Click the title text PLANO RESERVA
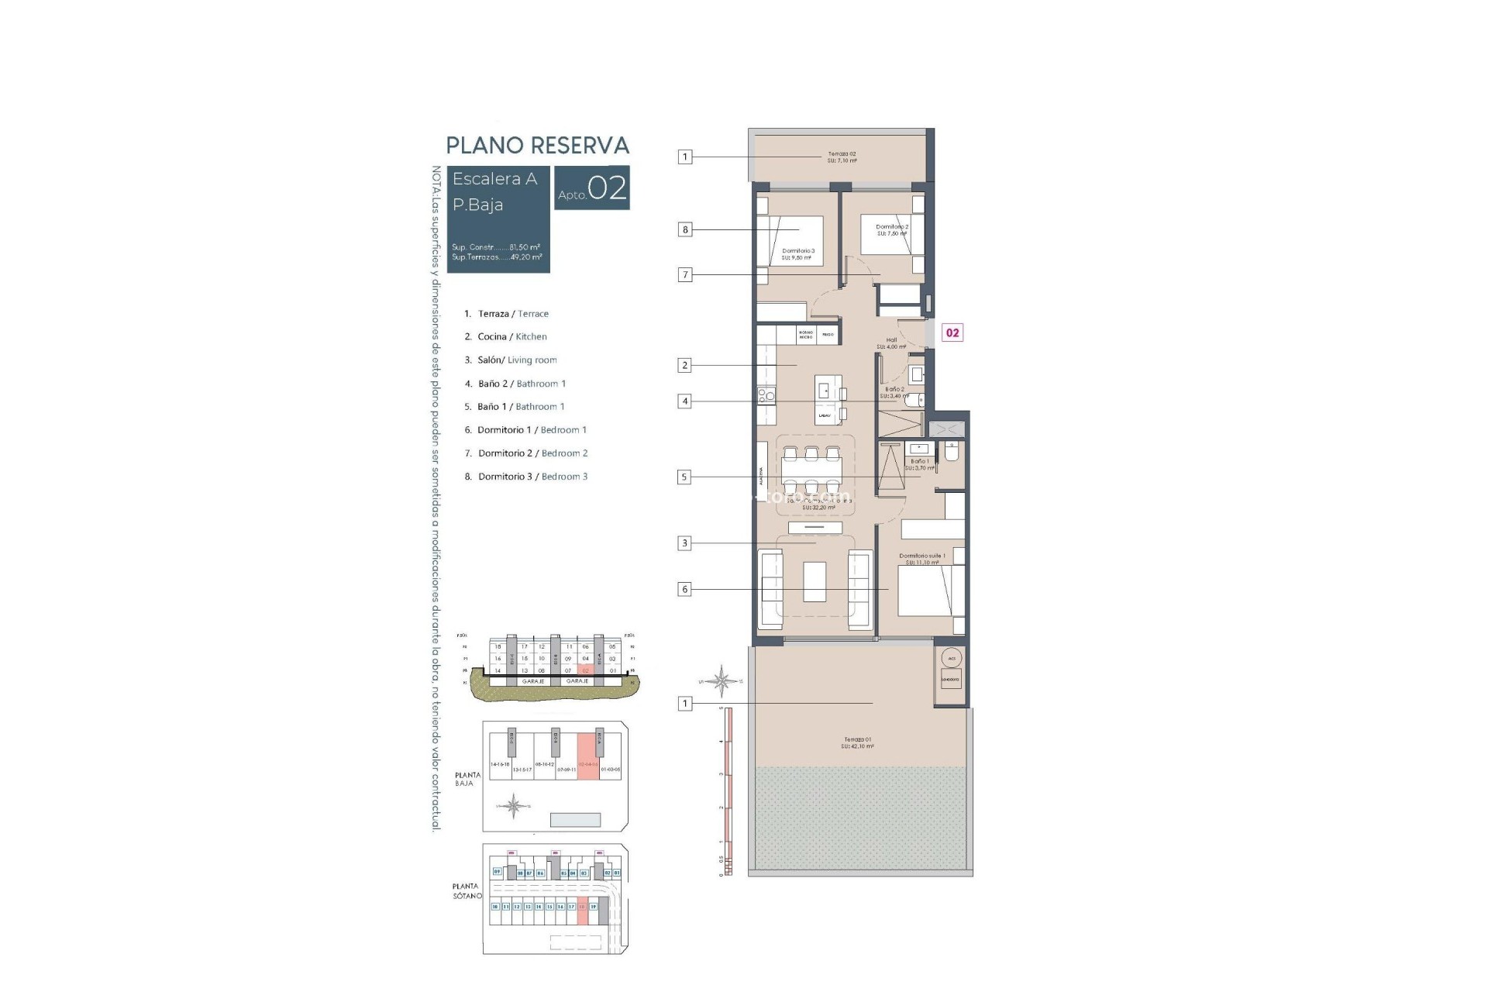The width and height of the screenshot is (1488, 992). pos(537,146)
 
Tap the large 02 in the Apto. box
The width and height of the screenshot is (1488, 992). pos(607,188)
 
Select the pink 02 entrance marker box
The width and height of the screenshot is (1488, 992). pos(952,332)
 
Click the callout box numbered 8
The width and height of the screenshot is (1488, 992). pos(684,229)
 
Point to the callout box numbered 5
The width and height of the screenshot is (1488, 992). pos(684,477)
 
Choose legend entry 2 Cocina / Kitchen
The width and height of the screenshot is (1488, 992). pos(505,336)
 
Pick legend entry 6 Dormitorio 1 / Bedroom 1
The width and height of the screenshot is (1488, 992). pos(525,430)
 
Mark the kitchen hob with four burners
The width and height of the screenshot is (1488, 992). pos(766,396)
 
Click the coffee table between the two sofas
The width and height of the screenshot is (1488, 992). pos(815,582)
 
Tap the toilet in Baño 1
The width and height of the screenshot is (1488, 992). pos(952,453)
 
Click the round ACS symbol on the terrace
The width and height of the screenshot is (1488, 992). pos(951,658)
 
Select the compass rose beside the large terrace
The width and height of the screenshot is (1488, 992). pos(722,681)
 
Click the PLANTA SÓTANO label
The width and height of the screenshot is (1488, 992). pos(467,890)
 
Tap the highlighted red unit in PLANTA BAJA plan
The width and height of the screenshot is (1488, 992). pos(589,757)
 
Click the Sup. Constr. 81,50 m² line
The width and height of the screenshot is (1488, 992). pos(496,247)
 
